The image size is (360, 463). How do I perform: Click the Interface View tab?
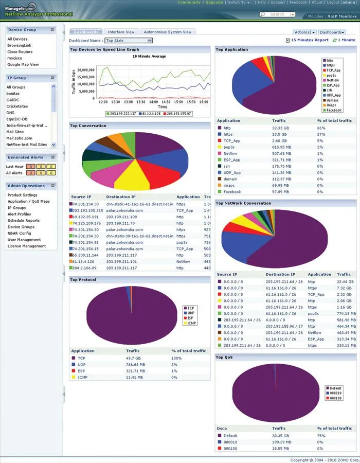coord(121,32)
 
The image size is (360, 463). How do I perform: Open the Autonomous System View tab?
coord(167,32)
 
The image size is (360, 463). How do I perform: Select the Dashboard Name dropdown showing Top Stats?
coord(128,40)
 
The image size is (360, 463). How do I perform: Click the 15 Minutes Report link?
coord(309,40)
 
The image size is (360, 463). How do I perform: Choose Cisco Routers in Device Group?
coord(20,52)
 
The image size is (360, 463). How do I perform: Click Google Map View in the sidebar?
coord(23,65)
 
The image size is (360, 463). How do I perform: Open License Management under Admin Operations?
coord(27,246)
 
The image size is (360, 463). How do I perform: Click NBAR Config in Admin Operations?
coord(19,233)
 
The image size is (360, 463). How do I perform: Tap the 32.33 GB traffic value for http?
coord(279,128)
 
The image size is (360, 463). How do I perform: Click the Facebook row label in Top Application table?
coord(232,192)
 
